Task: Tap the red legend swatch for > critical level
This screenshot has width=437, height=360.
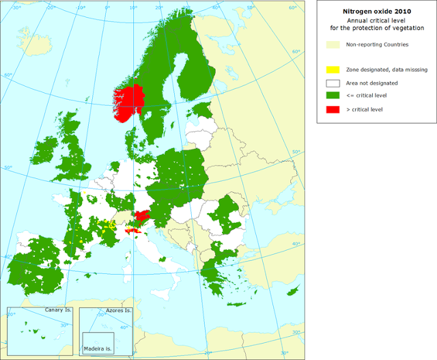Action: [333, 109]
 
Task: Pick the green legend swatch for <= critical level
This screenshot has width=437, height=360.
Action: [333, 96]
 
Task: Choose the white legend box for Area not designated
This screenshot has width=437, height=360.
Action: [333, 83]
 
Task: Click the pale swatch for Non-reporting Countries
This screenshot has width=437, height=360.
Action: [333, 44]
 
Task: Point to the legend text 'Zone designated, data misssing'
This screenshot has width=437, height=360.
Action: [380, 70]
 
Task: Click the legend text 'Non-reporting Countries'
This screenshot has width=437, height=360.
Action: [378, 44]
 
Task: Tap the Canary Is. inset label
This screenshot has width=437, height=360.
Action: [58, 310]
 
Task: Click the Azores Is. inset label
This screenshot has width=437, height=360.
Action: [118, 310]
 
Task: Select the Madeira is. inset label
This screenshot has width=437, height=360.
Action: [97, 348]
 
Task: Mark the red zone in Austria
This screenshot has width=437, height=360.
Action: [142, 217]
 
